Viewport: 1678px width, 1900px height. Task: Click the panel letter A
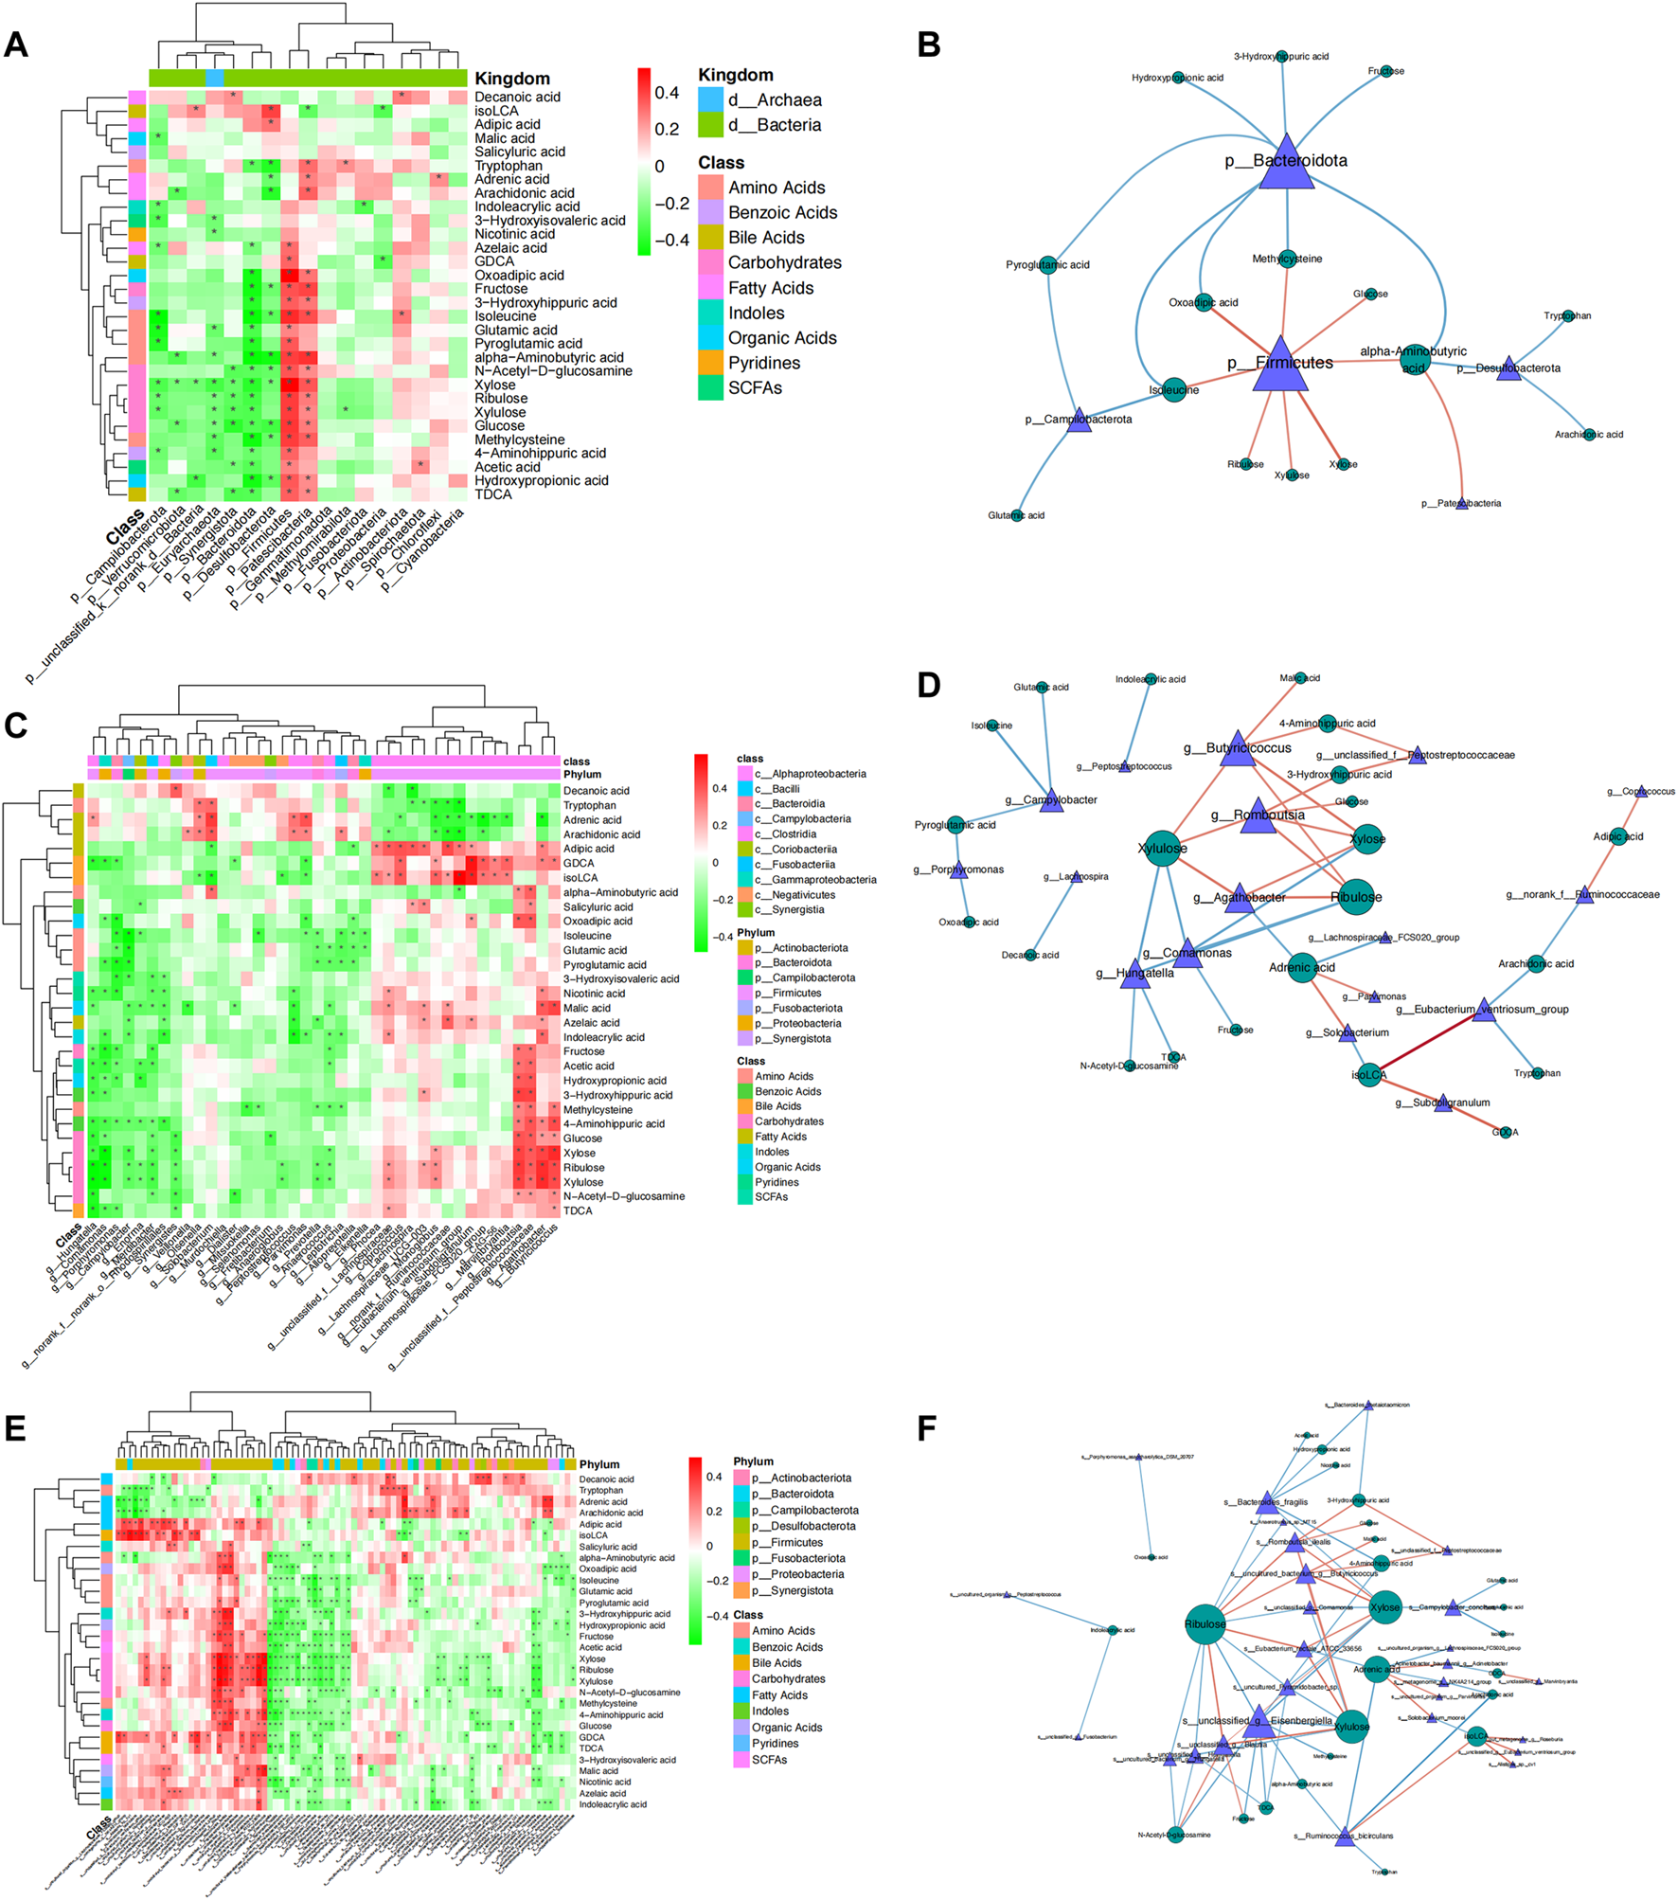[x=16, y=45]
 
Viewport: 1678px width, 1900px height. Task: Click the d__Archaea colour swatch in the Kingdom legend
[x=710, y=99]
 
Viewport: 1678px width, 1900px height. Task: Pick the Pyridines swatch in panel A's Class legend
[x=710, y=363]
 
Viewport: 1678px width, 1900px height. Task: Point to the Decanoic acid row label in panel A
[x=517, y=97]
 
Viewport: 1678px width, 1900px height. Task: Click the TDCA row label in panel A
[x=492, y=494]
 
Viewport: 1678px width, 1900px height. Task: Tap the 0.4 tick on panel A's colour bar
[x=667, y=93]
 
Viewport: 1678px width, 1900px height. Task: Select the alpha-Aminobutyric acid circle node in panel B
[x=1413, y=360]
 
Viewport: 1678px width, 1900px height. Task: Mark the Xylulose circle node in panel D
[x=1162, y=849]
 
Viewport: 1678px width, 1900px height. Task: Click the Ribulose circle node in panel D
[x=1356, y=897]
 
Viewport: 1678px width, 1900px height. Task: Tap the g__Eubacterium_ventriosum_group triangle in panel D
[x=1484, y=1010]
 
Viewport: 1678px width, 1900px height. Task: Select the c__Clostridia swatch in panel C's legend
[x=745, y=834]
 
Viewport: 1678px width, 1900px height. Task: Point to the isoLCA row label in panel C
[x=580, y=878]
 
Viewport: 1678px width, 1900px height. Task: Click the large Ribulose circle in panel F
[x=1205, y=1623]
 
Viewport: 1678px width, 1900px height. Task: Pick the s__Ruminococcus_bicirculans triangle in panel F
[x=1344, y=1836]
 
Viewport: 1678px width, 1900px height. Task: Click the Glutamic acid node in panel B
[x=1017, y=515]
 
